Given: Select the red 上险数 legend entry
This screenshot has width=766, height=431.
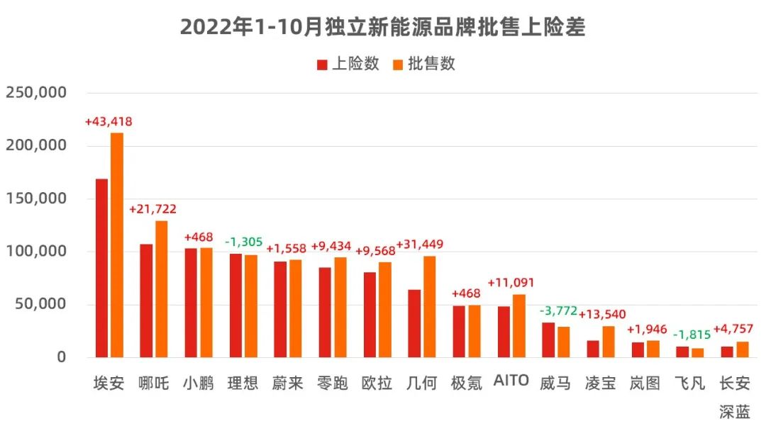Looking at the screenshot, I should click(348, 64).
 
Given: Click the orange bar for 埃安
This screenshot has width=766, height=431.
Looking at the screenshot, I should click(117, 245).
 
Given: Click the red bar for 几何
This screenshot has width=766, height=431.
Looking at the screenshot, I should click(414, 323).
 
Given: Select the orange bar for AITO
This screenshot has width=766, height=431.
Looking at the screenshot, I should click(519, 325).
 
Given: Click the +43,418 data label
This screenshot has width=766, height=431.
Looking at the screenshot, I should click(109, 122).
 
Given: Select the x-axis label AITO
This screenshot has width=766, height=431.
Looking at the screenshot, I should click(511, 381).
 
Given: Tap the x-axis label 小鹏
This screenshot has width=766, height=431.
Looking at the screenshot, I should click(199, 384).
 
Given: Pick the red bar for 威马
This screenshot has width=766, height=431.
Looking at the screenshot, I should click(548, 340).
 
